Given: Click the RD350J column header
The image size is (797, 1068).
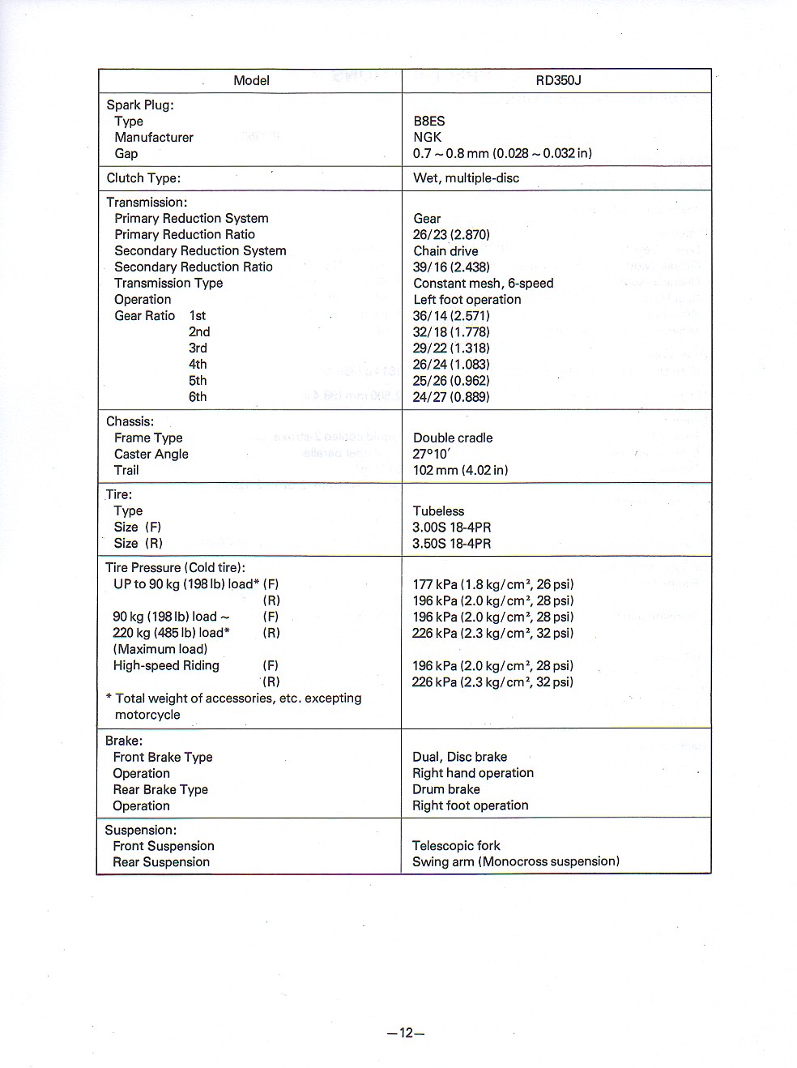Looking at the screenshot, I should coord(558,80).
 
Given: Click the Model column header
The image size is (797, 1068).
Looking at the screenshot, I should coord(251,80).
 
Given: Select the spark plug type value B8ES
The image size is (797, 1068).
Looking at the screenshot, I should coord(428,121).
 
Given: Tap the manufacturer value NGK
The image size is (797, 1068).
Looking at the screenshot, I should coord(427,137).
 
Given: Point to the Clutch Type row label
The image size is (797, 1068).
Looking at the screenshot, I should coord(143,177).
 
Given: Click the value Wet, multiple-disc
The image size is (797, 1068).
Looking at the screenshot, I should coord(466,177).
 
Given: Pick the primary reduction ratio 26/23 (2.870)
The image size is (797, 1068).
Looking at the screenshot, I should coord(451,234).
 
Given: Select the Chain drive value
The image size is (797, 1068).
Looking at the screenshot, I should coord(445,250).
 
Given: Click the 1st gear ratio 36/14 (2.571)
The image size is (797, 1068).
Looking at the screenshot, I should coord(451,315).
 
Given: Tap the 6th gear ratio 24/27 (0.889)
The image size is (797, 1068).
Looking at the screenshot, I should coord(451,396).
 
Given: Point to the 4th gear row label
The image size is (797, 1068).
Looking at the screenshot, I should coord(198,364).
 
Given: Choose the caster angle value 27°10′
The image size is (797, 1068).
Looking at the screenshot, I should coord(431,454).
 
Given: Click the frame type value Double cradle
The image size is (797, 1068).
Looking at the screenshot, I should coord(453,438).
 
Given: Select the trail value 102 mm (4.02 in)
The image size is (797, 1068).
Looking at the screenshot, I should coord(460,470).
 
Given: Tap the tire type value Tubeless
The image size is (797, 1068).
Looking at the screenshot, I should coord(438,511).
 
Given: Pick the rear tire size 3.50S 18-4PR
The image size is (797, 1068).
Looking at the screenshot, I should coord(451,543).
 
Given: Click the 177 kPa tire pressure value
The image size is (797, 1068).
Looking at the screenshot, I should coord(492,584).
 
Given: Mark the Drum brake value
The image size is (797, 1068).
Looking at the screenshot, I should coord(445,789).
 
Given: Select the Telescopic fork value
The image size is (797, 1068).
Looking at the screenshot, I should coord(456,845).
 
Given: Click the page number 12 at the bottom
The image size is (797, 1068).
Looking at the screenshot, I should coord(406,1032).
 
